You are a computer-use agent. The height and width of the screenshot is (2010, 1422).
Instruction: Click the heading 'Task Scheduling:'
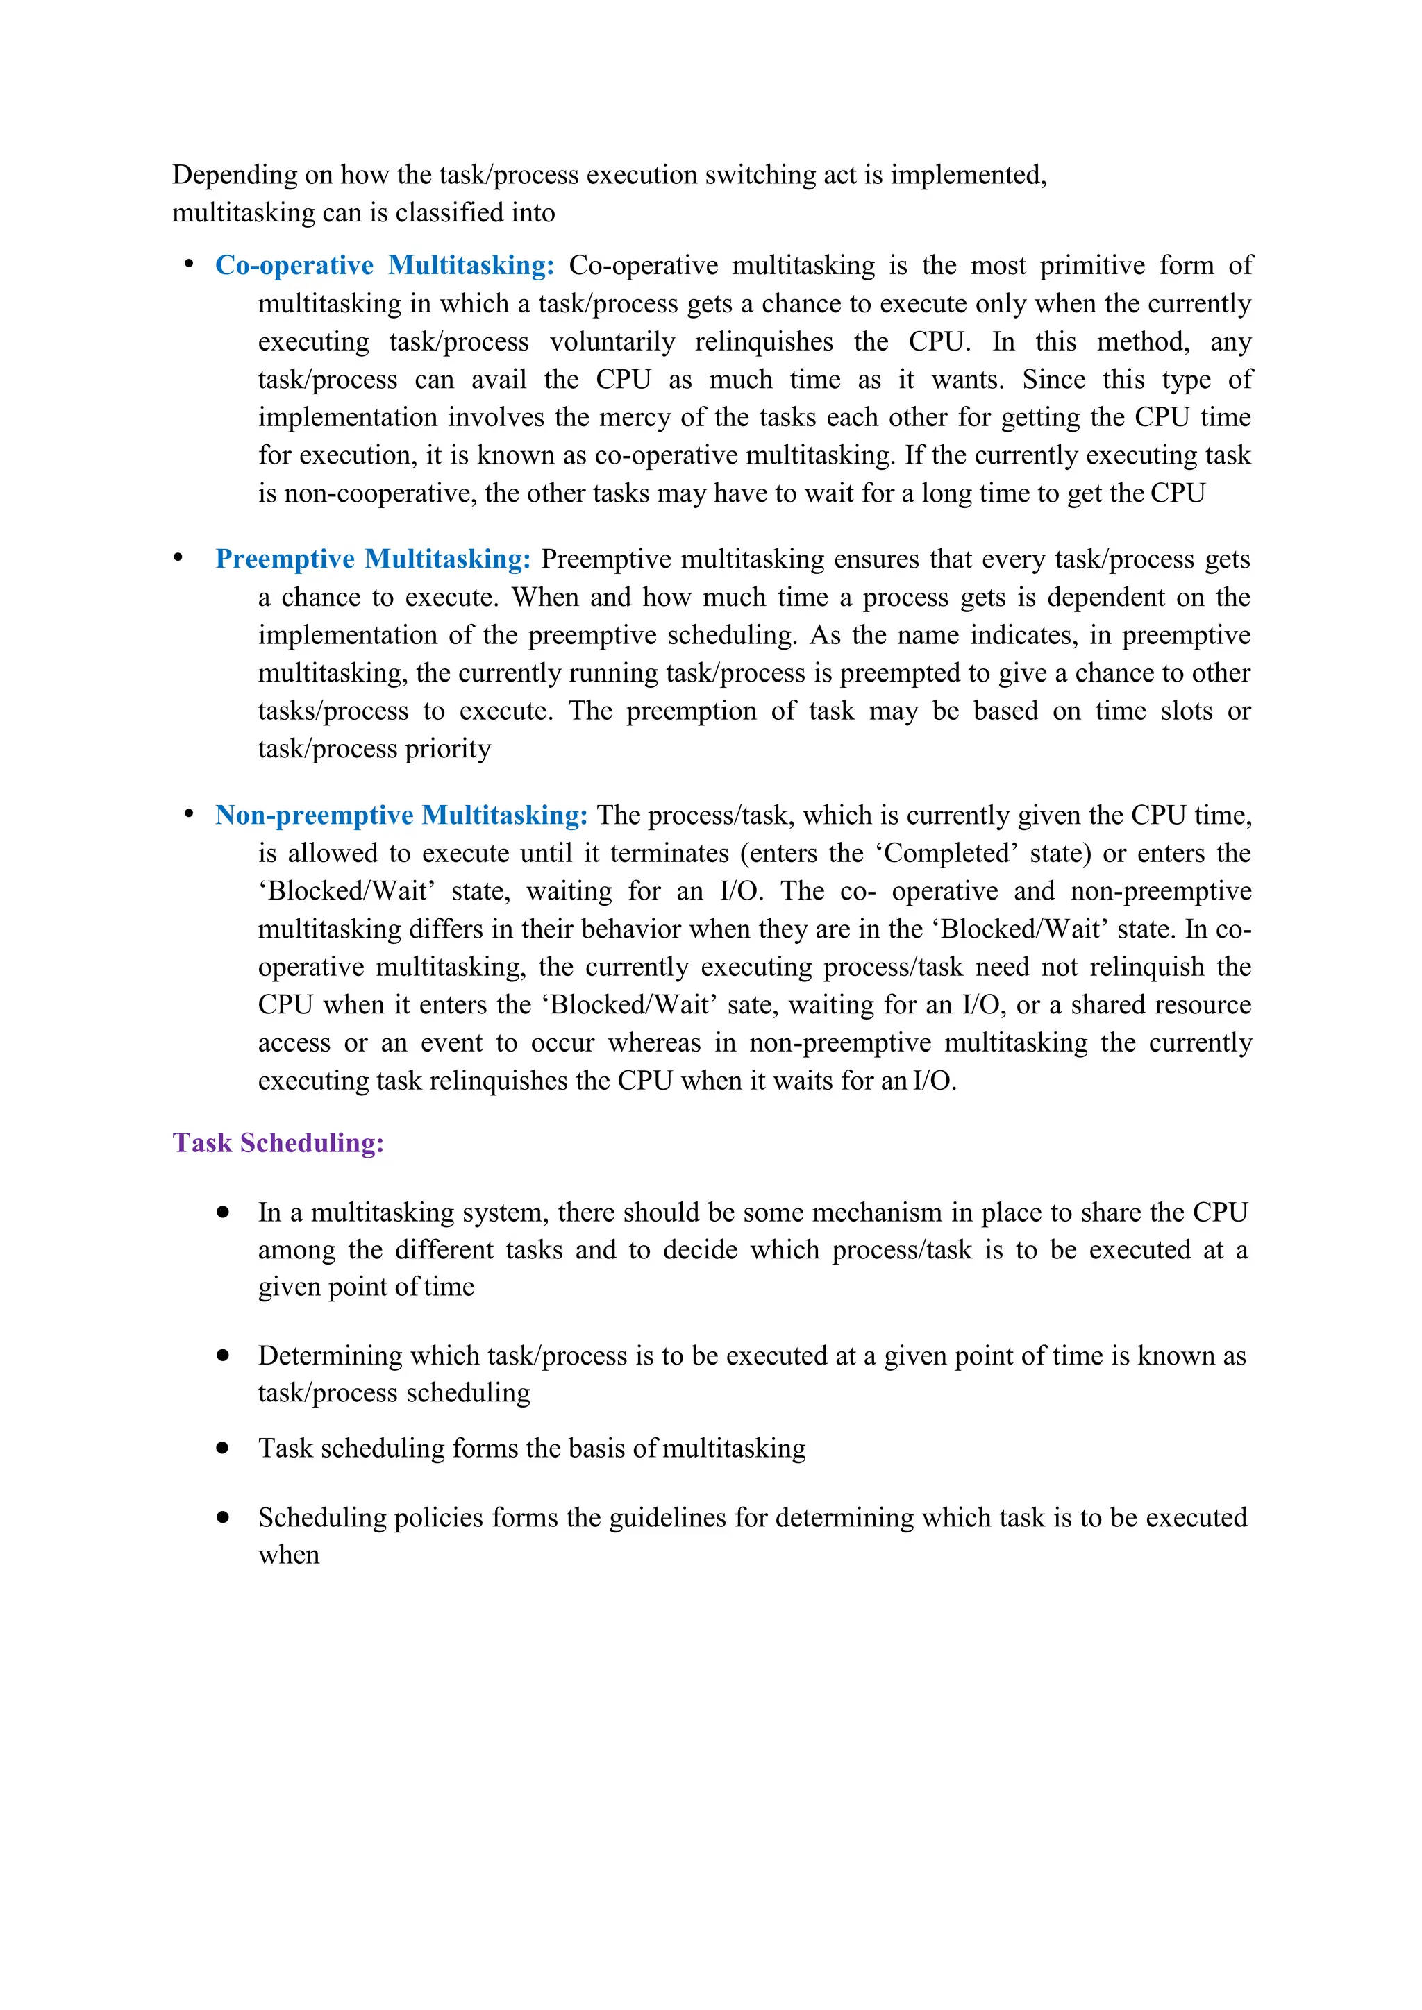(x=278, y=1142)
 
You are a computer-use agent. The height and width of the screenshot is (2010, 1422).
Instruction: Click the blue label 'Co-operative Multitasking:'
(x=385, y=265)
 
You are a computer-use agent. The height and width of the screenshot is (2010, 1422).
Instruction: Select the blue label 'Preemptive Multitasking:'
(x=373, y=559)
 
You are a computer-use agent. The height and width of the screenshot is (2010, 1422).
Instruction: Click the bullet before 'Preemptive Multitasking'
(x=178, y=557)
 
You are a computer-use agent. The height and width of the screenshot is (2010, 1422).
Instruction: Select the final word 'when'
(x=288, y=1555)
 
